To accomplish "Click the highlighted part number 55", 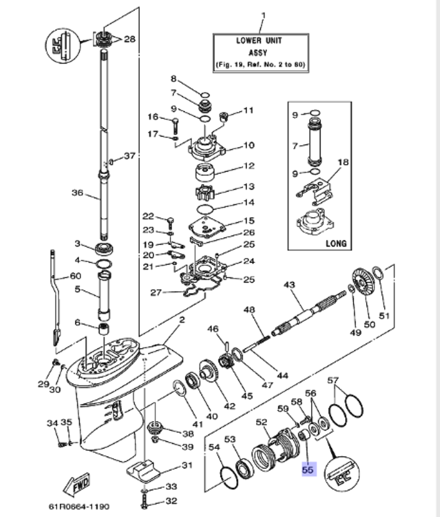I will point(308,470).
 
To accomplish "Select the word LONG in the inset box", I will point(336,243).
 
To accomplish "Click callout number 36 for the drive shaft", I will point(77,192).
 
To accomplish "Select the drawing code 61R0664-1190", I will point(79,506).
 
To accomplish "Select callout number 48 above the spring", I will point(249,310).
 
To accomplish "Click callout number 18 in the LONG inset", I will point(343,162).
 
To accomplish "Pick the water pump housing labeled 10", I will point(205,147).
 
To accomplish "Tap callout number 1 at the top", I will point(264,16).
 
